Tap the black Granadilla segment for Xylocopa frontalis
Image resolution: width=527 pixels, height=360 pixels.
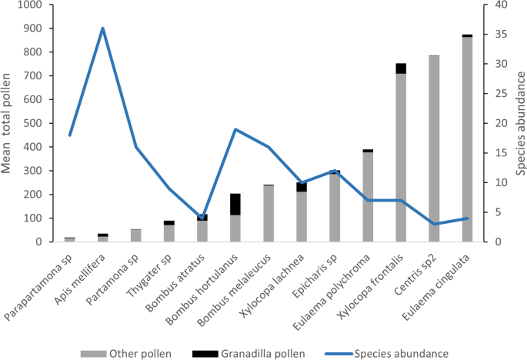(401, 68)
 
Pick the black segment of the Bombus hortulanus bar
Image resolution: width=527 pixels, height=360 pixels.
(235, 204)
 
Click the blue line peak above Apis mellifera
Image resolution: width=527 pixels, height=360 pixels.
(103, 28)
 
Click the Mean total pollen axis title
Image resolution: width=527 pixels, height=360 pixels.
(9, 123)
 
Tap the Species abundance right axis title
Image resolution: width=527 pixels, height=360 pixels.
(519, 123)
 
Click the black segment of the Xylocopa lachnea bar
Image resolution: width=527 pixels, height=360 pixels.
(302, 187)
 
